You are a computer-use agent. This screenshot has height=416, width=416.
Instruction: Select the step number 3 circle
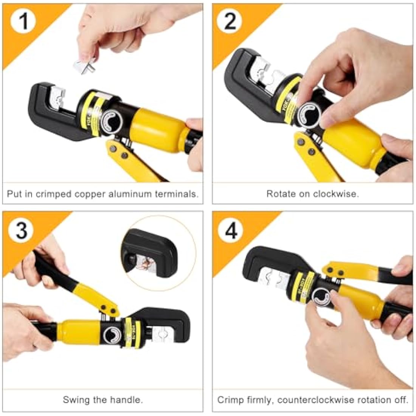point(22,230)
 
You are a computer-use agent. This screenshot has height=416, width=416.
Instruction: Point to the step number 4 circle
point(231,230)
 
